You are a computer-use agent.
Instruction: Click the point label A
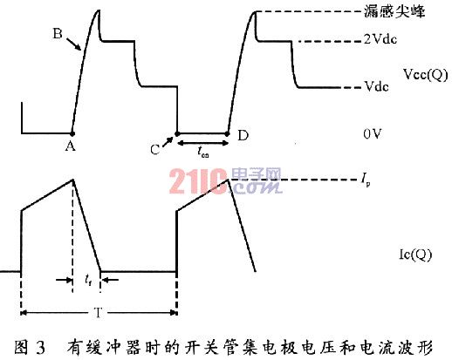point(70,146)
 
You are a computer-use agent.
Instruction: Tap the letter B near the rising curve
point(58,33)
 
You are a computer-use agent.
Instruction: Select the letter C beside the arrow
point(155,150)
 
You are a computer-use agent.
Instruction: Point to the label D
point(243,135)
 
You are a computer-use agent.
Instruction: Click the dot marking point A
point(72,133)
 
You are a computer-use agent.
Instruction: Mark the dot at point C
point(177,133)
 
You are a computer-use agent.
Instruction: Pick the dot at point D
point(228,133)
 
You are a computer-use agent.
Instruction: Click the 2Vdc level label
point(380,39)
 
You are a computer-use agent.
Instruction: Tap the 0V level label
point(372,133)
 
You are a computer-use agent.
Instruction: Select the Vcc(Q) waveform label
point(426,75)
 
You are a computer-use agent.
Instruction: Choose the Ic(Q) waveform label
point(415,255)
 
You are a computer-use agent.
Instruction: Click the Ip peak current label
point(366,179)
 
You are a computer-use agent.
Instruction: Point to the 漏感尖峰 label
point(394,12)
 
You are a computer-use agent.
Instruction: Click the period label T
point(98,313)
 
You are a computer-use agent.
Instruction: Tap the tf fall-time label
point(88,280)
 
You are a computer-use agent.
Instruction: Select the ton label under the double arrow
point(202,152)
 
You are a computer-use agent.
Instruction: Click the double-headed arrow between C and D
point(202,143)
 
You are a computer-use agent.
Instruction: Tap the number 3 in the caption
point(40,348)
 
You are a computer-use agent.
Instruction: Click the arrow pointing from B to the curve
point(74,44)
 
